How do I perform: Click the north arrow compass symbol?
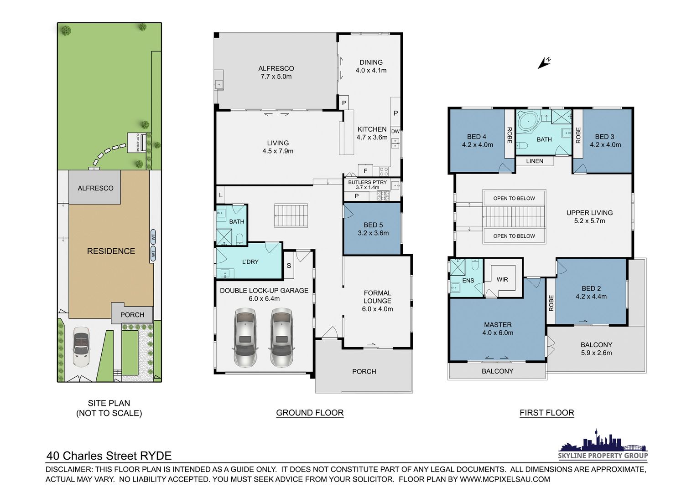(544, 63)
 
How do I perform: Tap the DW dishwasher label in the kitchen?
(395, 132)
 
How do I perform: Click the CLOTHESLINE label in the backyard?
(138, 143)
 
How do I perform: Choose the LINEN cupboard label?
(535, 161)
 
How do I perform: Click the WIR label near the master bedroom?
(502, 279)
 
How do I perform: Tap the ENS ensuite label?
(468, 281)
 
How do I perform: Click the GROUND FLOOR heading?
(310, 413)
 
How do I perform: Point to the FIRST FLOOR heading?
(547, 413)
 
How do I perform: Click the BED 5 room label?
(373, 225)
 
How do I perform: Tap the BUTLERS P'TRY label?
(368, 182)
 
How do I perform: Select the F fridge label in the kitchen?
(365, 171)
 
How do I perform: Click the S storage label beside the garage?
(289, 266)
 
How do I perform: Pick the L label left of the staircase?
(221, 195)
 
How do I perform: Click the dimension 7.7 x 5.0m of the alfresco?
(276, 77)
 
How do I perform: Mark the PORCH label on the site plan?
(132, 315)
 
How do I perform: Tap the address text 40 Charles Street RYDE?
(109, 456)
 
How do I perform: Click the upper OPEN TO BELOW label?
(514, 198)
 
